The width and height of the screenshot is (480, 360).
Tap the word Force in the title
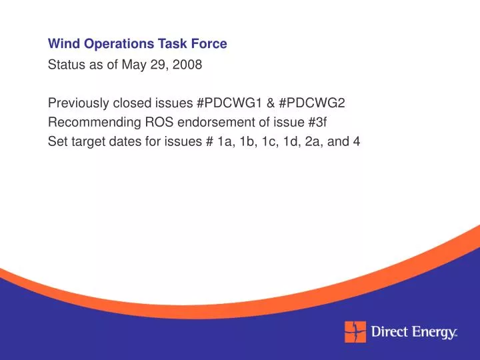tap(211, 45)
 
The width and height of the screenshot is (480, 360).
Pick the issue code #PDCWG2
tap(313, 103)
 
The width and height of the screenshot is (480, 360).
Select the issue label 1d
tap(293, 141)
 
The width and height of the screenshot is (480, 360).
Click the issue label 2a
tap(317, 141)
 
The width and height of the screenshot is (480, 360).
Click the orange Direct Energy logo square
tap(355, 331)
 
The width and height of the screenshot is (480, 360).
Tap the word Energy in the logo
tap(433, 331)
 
